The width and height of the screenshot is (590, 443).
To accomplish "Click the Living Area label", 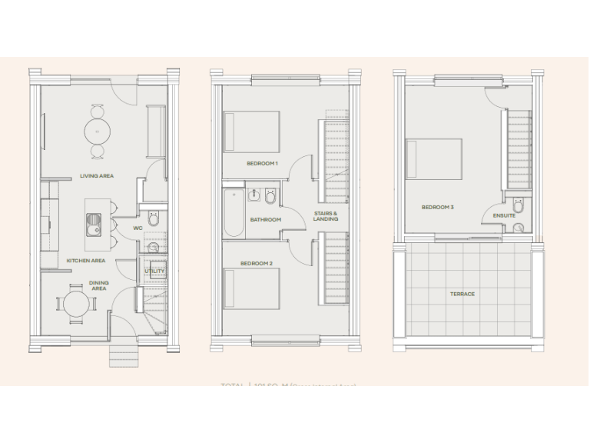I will (97, 176).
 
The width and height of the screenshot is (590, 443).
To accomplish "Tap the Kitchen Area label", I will (85, 261).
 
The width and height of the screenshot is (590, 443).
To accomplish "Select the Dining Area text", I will (99, 285).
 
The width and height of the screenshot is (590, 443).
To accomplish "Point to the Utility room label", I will (154, 271).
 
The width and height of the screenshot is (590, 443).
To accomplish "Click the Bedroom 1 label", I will (262, 163).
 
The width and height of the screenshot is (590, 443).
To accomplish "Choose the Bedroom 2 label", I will (256, 264).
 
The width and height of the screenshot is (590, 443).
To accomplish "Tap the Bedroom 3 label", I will (437, 207).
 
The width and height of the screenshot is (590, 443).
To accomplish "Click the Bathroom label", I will (265, 220).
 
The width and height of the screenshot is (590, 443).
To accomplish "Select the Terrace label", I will (462, 294).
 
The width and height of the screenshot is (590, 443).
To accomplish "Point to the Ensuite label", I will (504, 215).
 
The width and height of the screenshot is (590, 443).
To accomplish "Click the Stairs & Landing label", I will (326, 216).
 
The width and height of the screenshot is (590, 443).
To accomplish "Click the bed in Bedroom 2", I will (251, 287).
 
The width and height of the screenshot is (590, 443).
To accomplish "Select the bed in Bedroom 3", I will (434, 158).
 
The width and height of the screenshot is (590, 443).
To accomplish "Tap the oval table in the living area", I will (98, 132).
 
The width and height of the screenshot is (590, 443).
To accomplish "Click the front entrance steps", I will (124, 355).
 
